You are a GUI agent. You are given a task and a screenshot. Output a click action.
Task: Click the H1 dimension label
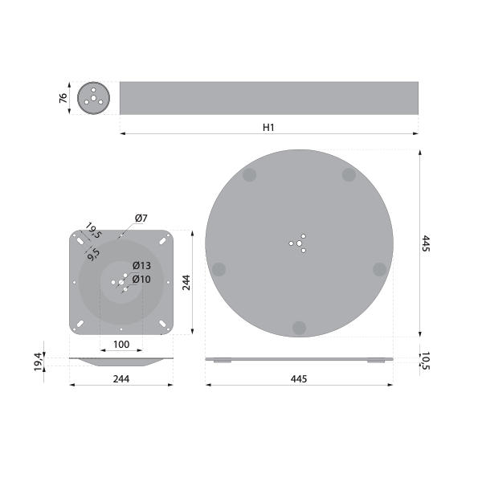point(268,127)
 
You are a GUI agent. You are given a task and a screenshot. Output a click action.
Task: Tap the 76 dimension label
point(63,98)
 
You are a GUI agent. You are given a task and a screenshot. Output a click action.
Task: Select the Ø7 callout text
point(141,219)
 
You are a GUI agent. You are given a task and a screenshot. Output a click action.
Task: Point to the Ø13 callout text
point(141,265)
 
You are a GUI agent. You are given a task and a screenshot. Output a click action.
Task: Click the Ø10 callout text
point(141,279)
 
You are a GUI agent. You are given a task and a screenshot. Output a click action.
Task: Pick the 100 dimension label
point(121,345)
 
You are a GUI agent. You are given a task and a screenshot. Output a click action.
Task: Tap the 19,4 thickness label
point(38,361)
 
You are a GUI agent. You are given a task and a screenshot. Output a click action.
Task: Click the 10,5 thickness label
point(425,361)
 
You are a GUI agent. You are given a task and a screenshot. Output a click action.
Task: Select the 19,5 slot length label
point(93,231)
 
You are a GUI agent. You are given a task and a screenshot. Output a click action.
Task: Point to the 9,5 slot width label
point(93,255)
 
